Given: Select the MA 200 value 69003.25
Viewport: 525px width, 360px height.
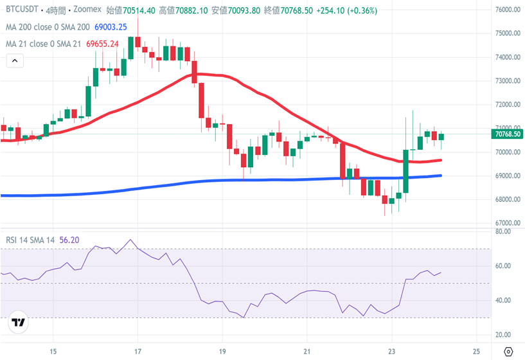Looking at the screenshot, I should pos(111,27).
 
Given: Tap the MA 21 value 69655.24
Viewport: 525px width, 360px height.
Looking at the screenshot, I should pos(102,44).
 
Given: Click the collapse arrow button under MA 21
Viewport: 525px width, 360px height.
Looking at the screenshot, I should pos(15,61).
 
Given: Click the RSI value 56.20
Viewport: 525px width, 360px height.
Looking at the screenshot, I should pos(69,240).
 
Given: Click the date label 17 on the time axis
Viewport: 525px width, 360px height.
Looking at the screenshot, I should pos(137,350).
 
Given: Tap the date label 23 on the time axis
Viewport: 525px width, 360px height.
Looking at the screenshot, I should pos(391,350).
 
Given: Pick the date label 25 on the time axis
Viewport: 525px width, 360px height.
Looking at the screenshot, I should pos(476,350).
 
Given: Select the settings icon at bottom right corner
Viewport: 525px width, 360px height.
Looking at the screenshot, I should pos(508,351).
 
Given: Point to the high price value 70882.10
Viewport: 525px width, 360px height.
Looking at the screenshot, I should pos(191,11).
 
